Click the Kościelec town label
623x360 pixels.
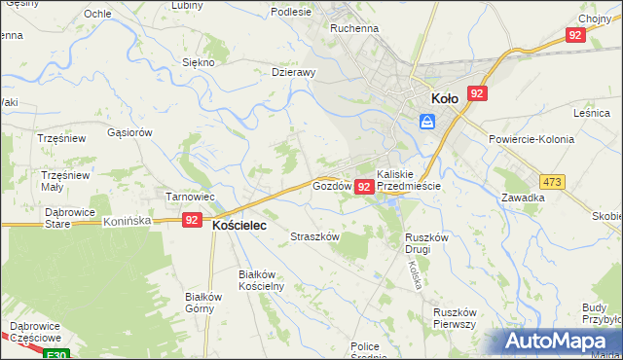tap(239, 224)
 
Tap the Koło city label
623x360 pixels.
tap(445, 97)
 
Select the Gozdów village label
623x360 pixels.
tap(330, 185)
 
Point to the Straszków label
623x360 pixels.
tap(314, 236)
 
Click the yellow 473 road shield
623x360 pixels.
tap(553, 182)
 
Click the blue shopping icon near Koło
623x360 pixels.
tap(426, 121)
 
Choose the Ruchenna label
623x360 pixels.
tap(353, 29)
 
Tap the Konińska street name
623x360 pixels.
tap(127, 221)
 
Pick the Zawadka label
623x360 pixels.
tap(523, 197)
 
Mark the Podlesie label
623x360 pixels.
tap(292, 12)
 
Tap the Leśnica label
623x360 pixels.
tap(591, 114)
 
